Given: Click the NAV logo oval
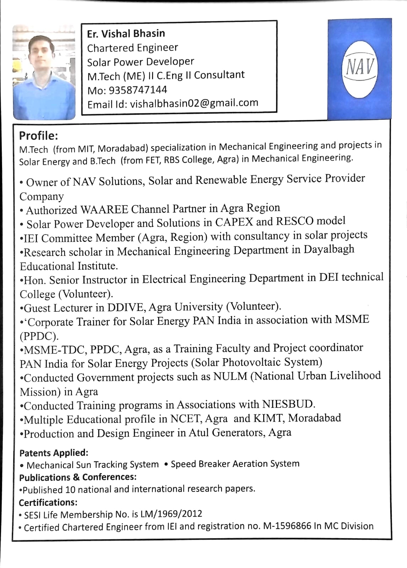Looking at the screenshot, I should click(359, 69).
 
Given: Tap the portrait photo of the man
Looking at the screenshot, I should click(44, 73).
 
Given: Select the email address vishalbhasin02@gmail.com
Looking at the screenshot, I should click(194, 103).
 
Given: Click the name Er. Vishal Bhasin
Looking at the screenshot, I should click(126, 34).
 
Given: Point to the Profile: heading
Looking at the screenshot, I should click(38, 136).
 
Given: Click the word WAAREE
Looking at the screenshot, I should click(104, 209).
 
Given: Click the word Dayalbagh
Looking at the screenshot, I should click(329, 249).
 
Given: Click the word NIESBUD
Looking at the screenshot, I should click(288, 404).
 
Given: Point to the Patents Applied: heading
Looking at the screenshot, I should click(54, 453).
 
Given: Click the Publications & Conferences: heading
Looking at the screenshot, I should click(78, 477).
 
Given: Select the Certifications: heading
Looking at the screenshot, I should click(48, 502).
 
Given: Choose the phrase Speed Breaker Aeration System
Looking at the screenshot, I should click(235, 464).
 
